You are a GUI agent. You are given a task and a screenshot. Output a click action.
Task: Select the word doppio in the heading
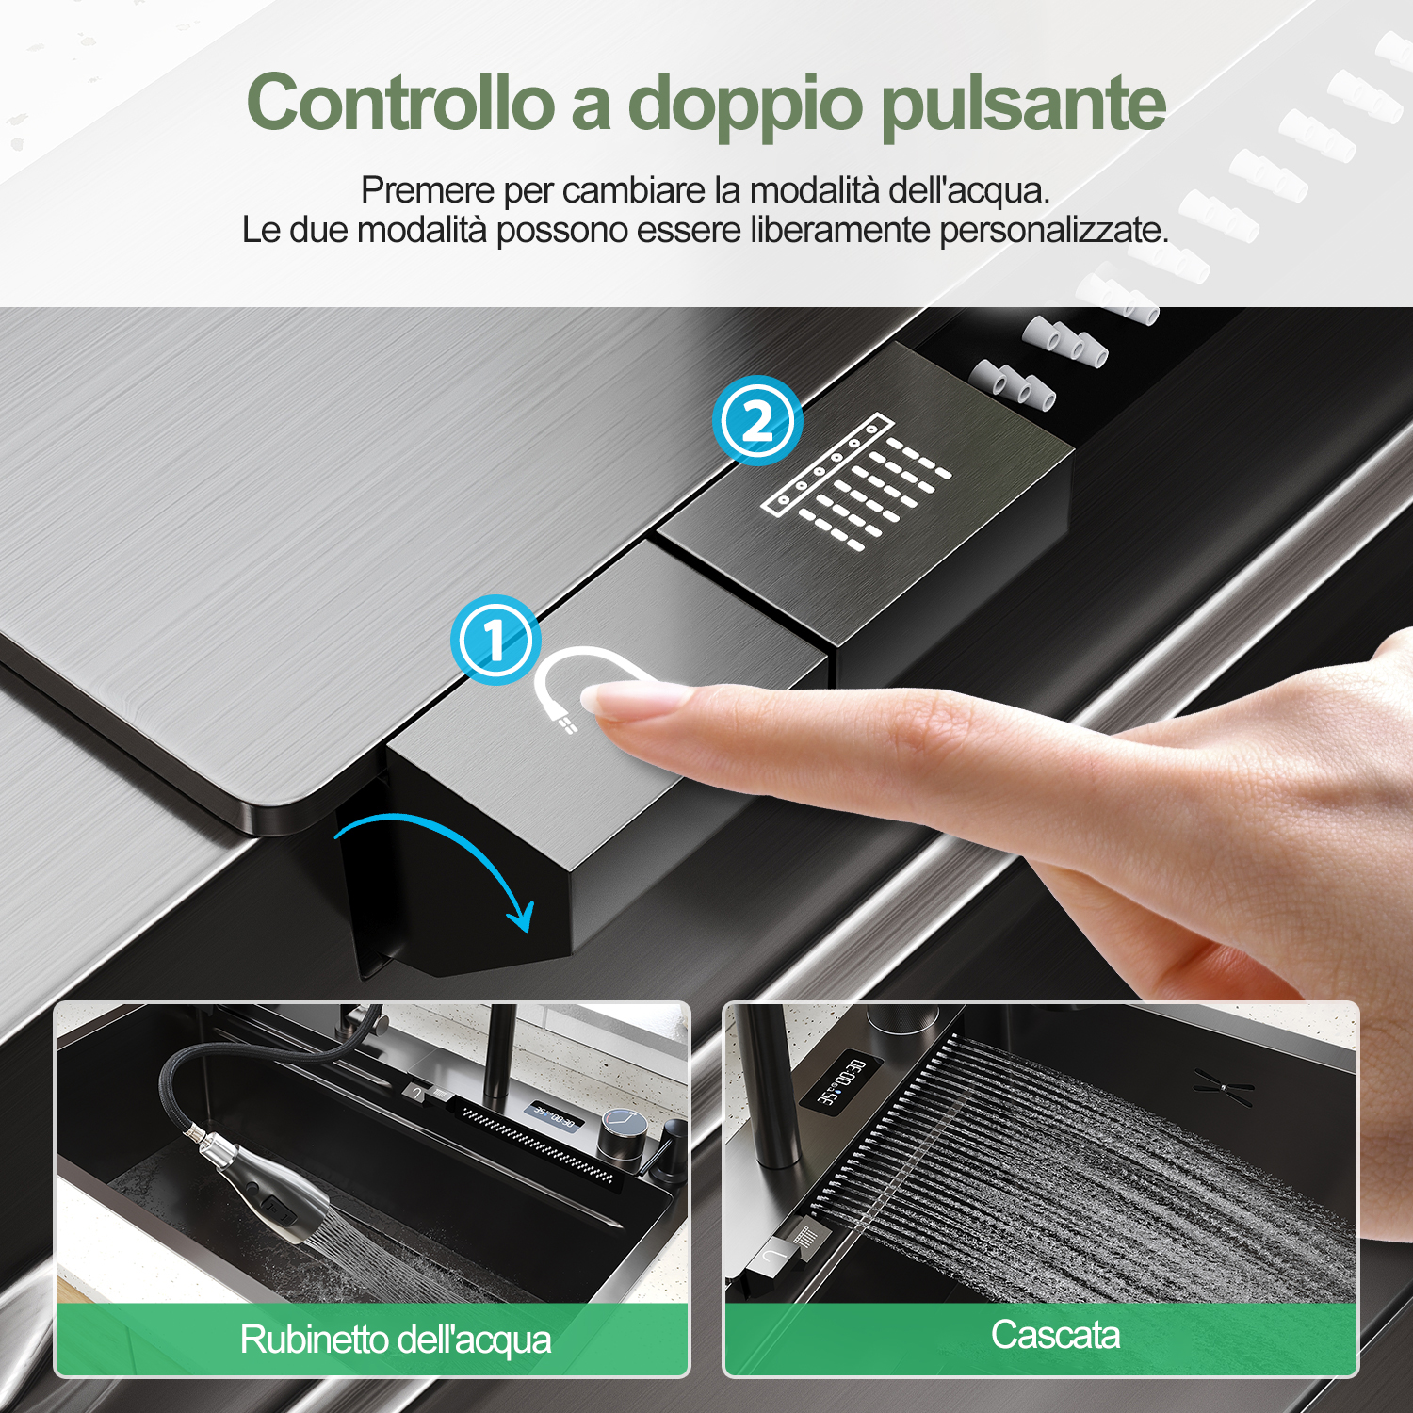(x=744, y=106)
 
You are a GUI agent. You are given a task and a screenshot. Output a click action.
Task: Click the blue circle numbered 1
(x=495, y=641)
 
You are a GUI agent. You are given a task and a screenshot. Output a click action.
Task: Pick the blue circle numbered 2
(x=757, y=420)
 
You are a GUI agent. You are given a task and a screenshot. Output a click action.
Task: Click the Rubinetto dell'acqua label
(x=396, y=1340)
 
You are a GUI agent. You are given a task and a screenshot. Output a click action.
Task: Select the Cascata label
(x=1055, y=1335)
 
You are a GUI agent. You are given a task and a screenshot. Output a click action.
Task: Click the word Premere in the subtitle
(x=428, y=190)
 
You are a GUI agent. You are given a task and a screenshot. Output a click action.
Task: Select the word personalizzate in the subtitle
(x=1054, y=231)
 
